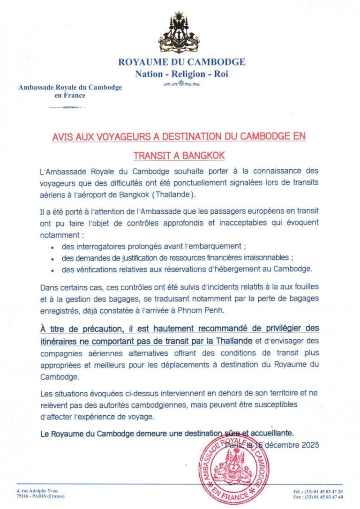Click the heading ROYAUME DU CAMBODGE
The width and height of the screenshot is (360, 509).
coord(181,62)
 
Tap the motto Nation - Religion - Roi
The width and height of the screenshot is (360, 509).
coord(181,74)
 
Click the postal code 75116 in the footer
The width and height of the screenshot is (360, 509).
coord(22,496)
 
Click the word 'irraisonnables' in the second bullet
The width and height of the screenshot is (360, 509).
coord(269,258)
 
